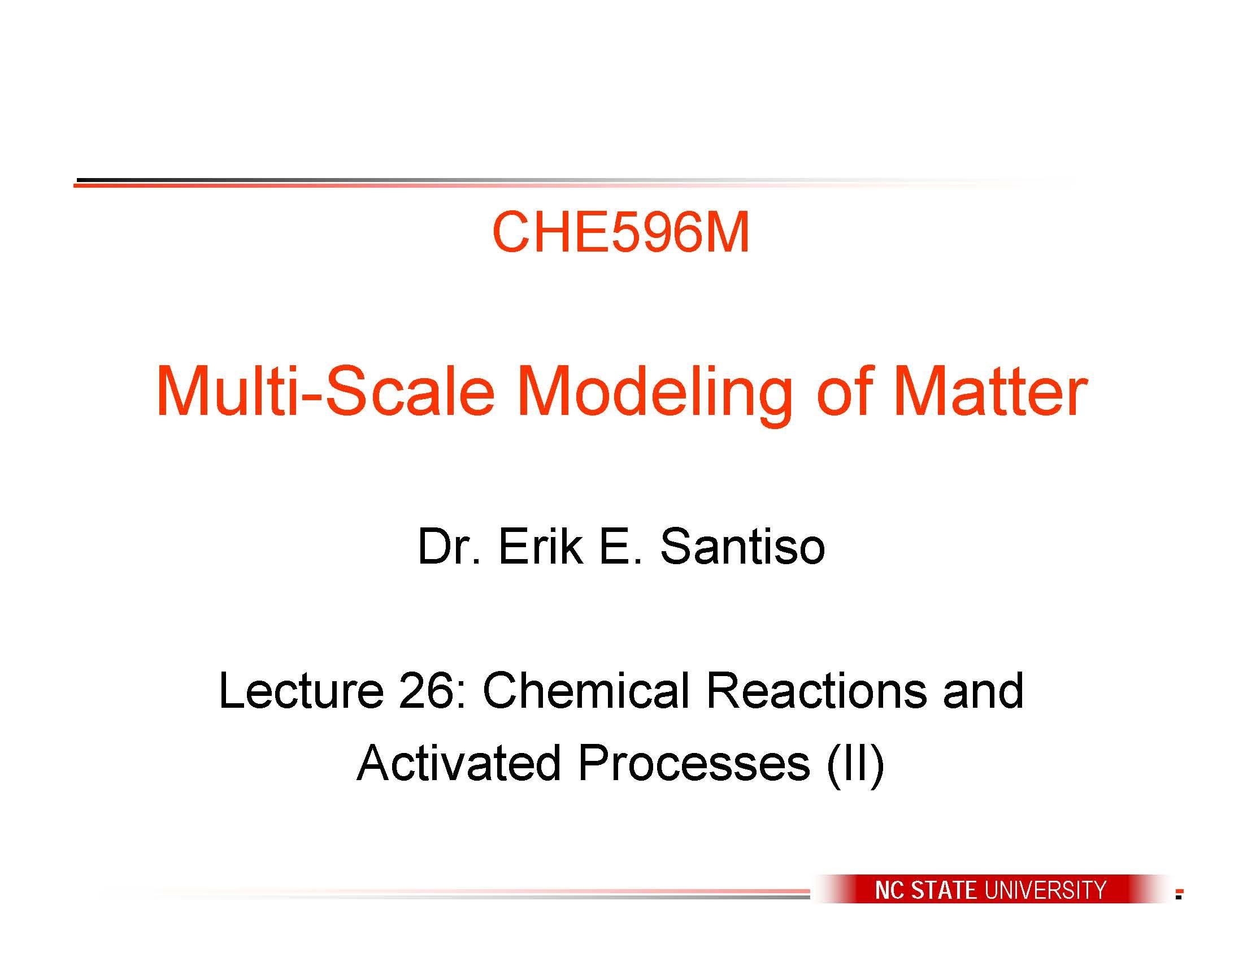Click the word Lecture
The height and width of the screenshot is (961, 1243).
301,691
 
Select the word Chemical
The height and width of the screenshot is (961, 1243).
586,691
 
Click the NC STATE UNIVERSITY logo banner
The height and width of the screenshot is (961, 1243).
991,889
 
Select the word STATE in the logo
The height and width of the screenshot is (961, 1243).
944,890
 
